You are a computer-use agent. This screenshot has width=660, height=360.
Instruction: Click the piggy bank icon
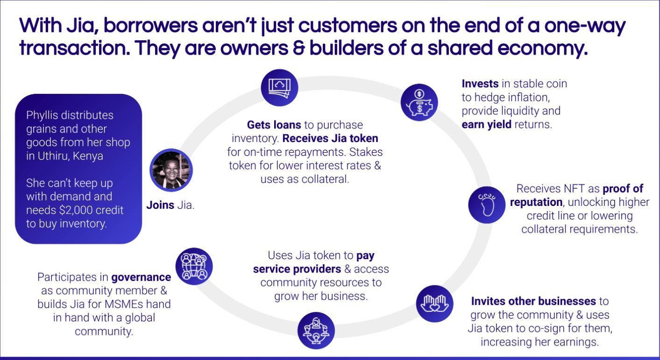point(419,103)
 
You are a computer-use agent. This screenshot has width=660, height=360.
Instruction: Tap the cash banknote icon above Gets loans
point(279,88)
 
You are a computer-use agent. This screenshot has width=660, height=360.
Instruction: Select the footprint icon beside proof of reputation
point(487,205)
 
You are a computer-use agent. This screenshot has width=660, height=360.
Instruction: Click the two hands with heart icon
point(434,304)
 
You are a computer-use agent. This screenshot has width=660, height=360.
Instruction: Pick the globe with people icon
point(194,266)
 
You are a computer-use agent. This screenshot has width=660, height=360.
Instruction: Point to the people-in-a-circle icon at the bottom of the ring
point(316,331)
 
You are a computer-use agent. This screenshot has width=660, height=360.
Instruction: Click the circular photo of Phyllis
point(171,170)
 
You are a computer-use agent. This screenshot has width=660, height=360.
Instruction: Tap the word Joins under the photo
point(160,205)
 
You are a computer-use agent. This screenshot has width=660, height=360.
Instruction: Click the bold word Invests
point(480,84)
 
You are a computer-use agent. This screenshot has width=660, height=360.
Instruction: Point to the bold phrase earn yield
point(486,125)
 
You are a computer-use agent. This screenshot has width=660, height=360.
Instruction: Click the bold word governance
point(141,277)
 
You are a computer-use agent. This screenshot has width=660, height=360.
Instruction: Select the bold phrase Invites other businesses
point(533,301)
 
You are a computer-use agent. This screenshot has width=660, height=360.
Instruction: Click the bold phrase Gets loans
point(274,125)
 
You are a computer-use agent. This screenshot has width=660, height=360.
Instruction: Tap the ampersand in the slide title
point(298,48)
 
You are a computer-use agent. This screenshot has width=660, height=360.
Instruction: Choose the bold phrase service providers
point(297,269)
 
